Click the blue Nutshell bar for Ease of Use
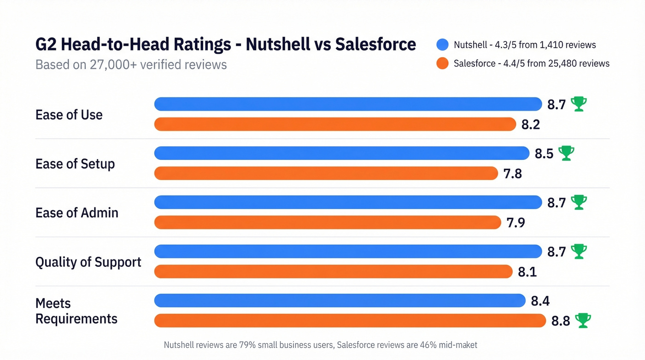(348, 104)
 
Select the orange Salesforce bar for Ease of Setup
(326, 173)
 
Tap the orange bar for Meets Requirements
(350, 320)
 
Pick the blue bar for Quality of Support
(348, 251)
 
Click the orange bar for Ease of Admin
(327, 222)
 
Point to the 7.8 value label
(512, 174)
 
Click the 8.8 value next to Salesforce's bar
(561, 321)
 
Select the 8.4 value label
(540, 301)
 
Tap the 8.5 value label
(544, 153)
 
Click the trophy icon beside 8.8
(583, 320)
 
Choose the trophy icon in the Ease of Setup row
(566, 153)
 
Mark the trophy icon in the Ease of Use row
(579, 104)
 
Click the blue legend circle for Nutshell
(442, 45)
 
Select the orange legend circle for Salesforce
(442, 63)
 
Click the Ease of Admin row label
(77, 213)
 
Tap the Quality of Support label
(88, 262)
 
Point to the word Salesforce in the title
(375, 44)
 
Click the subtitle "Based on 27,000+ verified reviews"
(131, 64)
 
